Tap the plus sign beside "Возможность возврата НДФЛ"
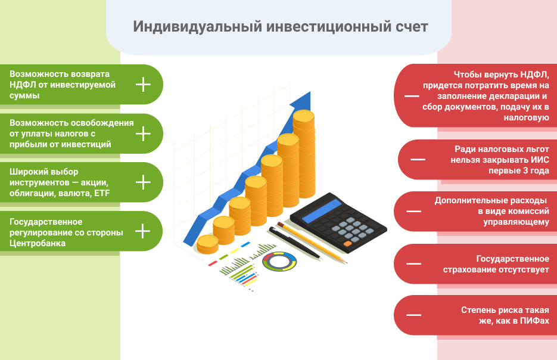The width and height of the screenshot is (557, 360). tap(143, 85)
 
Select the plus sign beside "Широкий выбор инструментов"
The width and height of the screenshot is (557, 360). tap(143, 182)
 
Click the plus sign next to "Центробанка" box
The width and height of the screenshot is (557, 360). tap(143, 231)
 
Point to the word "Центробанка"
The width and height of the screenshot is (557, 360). tap(38, 243)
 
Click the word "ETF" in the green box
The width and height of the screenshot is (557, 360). tap(102, 193)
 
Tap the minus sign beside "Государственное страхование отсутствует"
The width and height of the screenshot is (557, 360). tap(414, 263)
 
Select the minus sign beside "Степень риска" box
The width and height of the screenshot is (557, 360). tap(414, 315)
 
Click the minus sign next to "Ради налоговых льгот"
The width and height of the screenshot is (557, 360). tap(418, 159)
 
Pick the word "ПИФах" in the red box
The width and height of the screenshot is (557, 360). tap(534, 321)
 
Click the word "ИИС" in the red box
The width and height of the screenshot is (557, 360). tap(540, 160)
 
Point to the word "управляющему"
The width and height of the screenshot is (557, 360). tap(516, 222)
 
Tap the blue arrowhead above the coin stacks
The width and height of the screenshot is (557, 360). tap(303, 100)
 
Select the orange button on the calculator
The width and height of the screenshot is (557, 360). tap(348, 244)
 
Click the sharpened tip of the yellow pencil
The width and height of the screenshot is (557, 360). tap(345, 263)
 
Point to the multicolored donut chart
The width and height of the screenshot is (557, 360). tap(279, 261)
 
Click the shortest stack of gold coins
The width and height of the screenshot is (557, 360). tap(207, 244)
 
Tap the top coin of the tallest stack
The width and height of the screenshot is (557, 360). tap(304, 116)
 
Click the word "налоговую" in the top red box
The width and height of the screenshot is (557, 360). tap(527, 118)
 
